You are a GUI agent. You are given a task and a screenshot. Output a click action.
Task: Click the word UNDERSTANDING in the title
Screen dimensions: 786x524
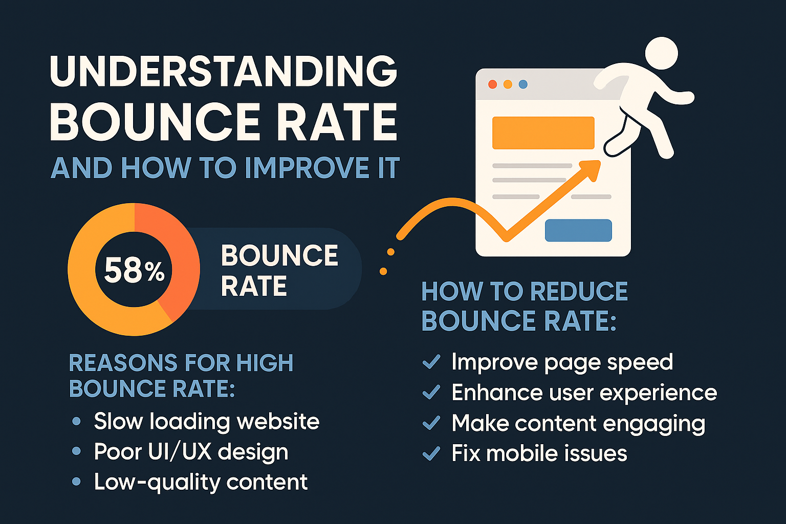224,71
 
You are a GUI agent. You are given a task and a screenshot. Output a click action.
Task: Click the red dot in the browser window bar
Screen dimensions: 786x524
493,84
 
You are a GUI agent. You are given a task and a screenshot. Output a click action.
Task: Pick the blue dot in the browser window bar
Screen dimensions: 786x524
523,84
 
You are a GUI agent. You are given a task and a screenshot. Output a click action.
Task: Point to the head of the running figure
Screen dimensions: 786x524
662,53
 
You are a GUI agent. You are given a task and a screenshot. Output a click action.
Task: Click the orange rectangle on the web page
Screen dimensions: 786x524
543,133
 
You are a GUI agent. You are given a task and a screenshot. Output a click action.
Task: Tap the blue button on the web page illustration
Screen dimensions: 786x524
578,230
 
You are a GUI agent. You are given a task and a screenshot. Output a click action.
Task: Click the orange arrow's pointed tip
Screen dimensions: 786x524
600,161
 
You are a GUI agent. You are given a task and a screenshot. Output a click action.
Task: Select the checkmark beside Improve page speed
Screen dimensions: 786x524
431,362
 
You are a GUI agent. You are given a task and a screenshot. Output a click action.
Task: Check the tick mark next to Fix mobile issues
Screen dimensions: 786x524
431,453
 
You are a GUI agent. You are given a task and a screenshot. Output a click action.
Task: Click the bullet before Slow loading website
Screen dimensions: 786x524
76,421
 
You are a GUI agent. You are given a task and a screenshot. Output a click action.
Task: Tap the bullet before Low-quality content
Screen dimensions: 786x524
76,481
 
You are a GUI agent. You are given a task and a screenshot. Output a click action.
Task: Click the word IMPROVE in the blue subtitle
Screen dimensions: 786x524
307,168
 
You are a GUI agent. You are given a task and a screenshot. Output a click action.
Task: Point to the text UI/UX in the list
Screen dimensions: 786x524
180,451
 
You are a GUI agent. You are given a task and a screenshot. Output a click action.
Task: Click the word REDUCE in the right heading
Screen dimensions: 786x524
579,291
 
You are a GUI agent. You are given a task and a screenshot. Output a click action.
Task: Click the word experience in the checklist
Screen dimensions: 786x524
658,393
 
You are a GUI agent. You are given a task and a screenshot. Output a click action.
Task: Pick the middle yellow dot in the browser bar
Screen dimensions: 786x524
508,84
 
